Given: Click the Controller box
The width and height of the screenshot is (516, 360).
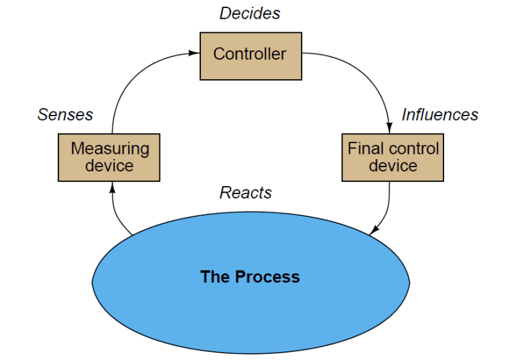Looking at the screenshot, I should click(250, 55).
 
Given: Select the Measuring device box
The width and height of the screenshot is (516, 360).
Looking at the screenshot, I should click(110, 157).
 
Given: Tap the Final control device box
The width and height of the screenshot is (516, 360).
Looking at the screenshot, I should click(392, 157).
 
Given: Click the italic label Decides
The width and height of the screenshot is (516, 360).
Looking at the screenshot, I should click(250, 13).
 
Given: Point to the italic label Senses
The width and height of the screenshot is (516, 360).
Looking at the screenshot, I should click(65, 115).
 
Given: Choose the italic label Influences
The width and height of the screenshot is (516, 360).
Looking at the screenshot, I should click(439, 115).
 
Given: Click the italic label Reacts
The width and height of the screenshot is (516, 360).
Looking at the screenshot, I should click(246, 193).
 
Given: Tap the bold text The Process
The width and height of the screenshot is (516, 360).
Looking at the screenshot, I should click(250, 277).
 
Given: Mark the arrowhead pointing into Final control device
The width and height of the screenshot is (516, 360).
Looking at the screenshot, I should click(390, 128).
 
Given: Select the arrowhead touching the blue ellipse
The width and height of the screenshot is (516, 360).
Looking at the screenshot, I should click(374, 230).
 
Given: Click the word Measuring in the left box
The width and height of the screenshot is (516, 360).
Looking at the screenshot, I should click(110, 148).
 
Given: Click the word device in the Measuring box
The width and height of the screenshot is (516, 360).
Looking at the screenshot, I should click(110, 166).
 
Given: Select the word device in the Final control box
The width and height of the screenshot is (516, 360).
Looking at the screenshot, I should click(392, 166).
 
